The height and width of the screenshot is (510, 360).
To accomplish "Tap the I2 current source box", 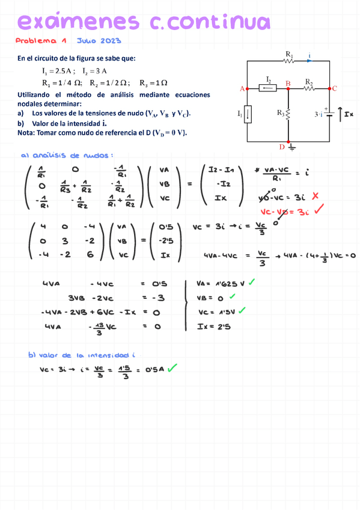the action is pos(267,88).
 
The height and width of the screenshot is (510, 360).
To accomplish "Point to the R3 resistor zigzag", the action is pos(289,113).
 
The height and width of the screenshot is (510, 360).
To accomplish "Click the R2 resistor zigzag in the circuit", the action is pos(309,88).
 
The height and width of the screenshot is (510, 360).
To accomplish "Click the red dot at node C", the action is pos(330,88).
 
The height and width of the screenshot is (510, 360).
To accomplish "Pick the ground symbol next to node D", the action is pos(293,146).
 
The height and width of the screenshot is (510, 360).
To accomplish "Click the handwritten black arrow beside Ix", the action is pos(341,112).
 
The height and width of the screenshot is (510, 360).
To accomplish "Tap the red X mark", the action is pos(315,196).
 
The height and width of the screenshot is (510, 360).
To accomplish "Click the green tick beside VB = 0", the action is pos(232,296).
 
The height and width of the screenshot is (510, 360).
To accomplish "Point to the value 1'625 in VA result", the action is pos(224,283).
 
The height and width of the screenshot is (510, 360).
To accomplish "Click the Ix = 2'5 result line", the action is pos(215,326).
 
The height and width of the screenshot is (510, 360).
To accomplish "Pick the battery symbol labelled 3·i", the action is pos(330,114).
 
